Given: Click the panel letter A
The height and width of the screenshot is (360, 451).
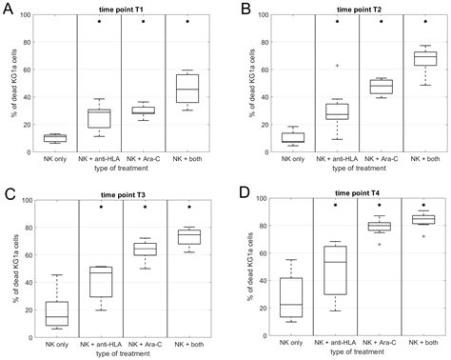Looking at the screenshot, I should click(8, 9).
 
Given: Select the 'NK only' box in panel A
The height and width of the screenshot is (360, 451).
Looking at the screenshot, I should click(54, 138).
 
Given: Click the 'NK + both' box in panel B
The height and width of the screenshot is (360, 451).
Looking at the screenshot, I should click(423, 58).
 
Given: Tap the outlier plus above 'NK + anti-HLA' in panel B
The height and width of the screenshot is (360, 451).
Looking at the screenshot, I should click(336, 66).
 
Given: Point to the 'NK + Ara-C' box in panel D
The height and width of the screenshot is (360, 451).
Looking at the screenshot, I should click(380, 226).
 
